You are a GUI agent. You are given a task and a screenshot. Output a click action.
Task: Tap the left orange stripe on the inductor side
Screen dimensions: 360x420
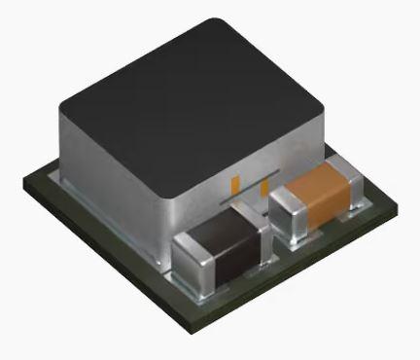(234, 182)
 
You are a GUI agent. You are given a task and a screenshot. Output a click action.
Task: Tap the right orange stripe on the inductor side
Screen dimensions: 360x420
(264, 187)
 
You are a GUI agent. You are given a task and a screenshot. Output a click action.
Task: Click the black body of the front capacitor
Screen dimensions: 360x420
(220, 248)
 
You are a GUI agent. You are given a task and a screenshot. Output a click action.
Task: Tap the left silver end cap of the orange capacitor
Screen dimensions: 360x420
(286, 209)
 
